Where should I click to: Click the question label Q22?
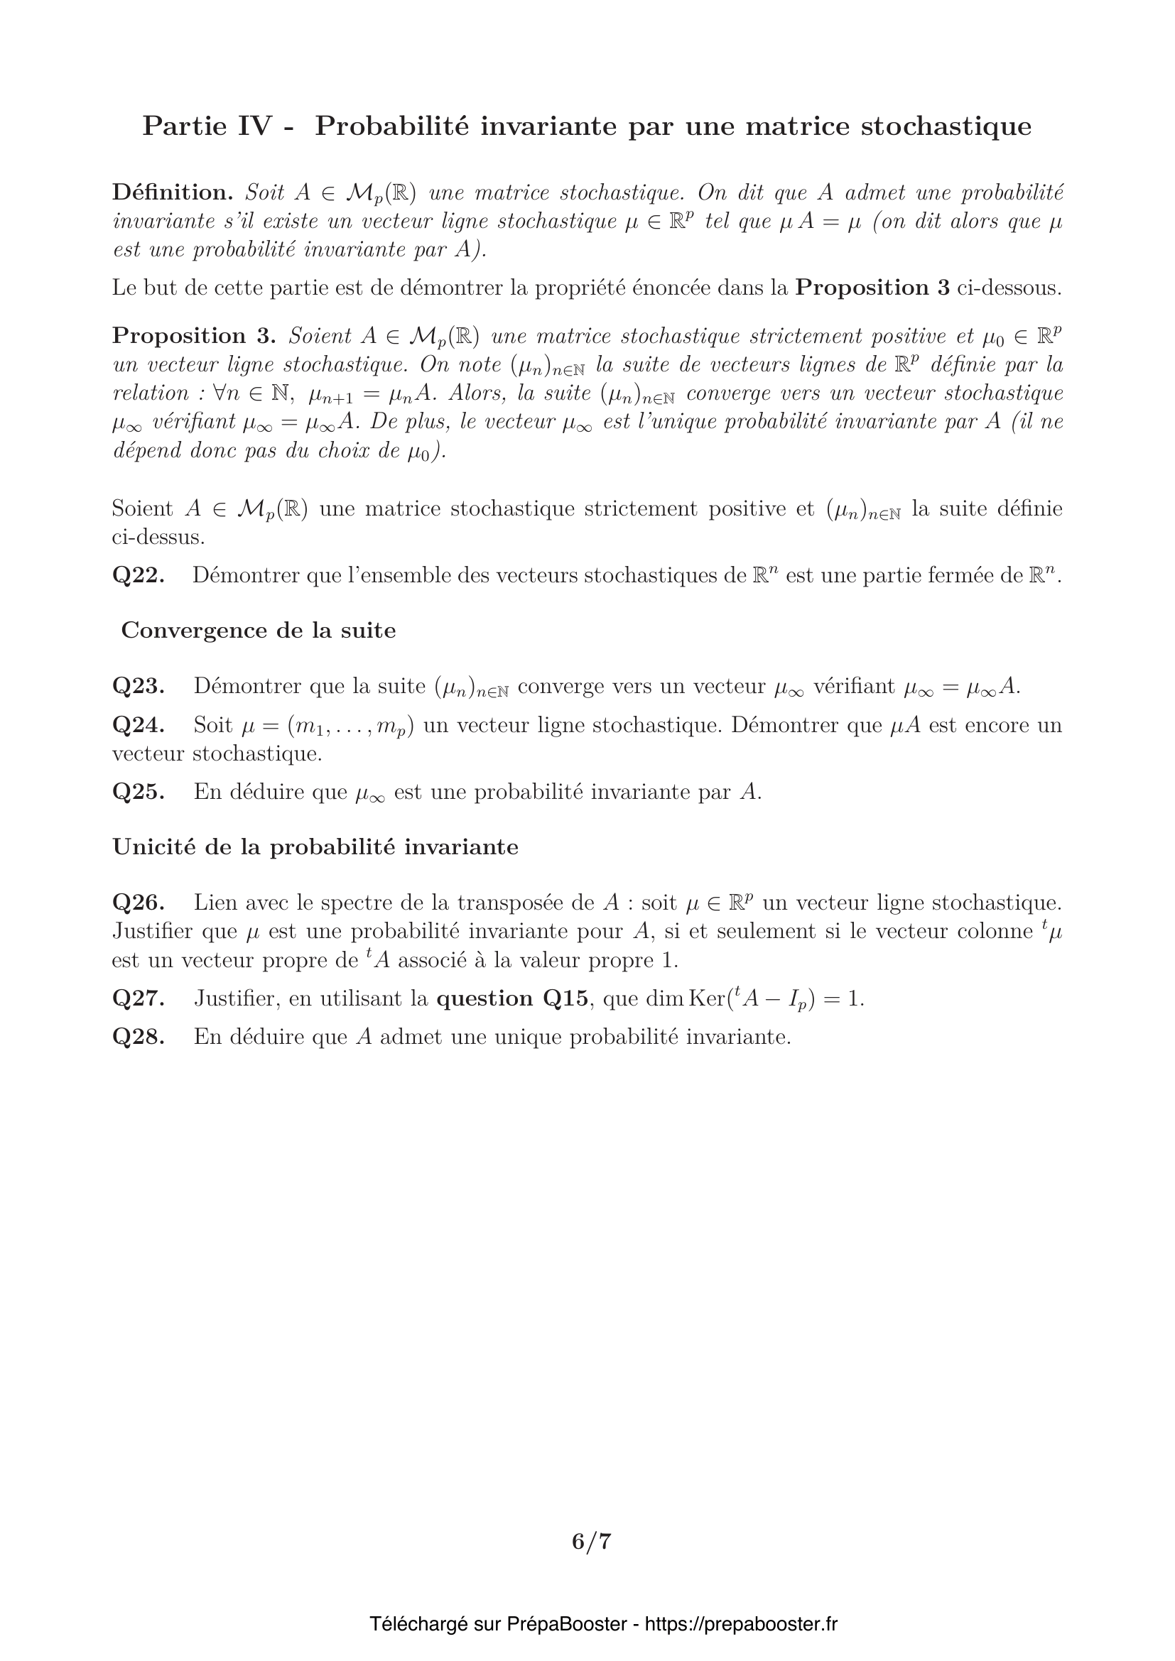[139, 576]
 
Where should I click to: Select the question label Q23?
[139, 686]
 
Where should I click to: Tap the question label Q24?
[139, 725]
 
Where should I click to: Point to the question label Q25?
[139, 793]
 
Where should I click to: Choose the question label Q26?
[139, 903]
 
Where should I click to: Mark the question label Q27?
[139, 999]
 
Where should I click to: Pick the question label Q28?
[139, 1038]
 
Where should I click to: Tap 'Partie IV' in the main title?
[207, 126]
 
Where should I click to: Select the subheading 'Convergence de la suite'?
[259, 631]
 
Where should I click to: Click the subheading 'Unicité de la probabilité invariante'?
[315, 847]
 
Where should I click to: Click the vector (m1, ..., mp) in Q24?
[350, 726]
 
